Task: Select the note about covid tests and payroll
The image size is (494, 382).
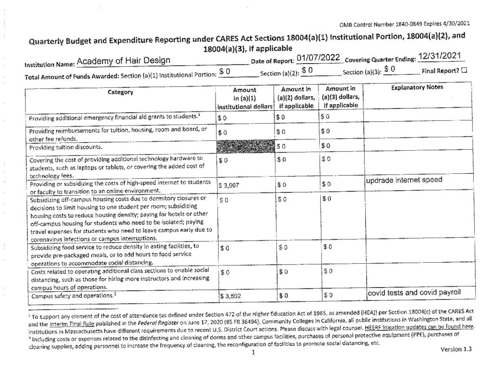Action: [x=416, y=293]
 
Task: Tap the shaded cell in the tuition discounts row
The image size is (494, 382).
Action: [x=246, y=146]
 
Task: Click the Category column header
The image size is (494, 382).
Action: [x=121, y=92]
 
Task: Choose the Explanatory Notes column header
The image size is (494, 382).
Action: [x=418, y=88]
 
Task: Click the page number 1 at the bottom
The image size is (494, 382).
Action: [x=252, y=353]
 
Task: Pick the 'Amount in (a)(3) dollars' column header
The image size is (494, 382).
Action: [x=341, y=97]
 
